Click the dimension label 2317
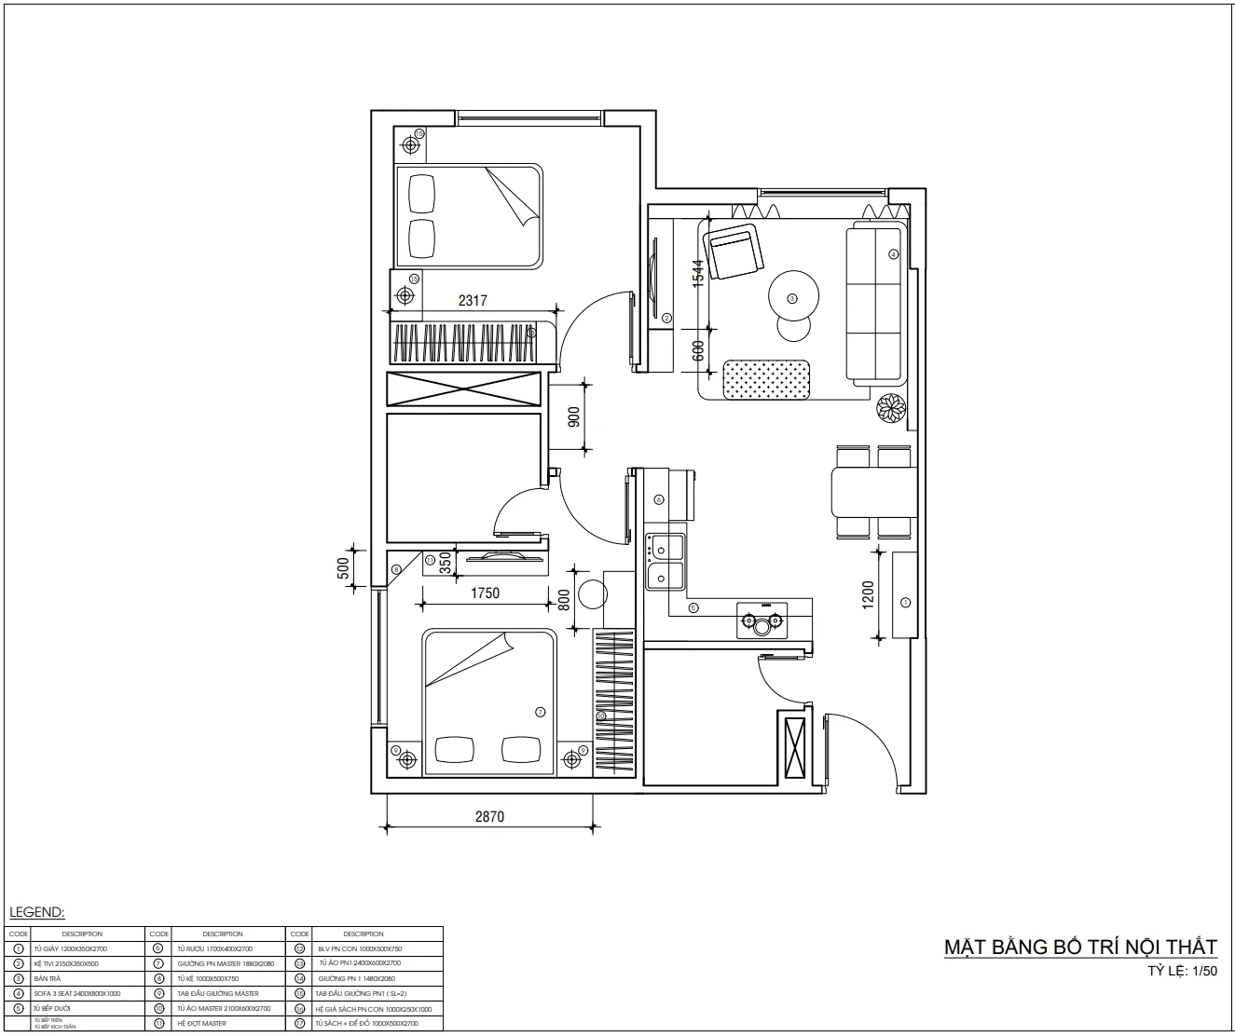473,301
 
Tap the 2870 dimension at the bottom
488,817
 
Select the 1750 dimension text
485,593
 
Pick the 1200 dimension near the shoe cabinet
868,594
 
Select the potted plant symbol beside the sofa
891,408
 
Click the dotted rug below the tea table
767,379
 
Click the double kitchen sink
666,562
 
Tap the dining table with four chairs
873,492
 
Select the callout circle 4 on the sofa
893,253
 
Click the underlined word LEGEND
36,912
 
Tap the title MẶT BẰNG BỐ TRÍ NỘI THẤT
1080,947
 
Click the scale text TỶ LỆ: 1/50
1182,971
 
